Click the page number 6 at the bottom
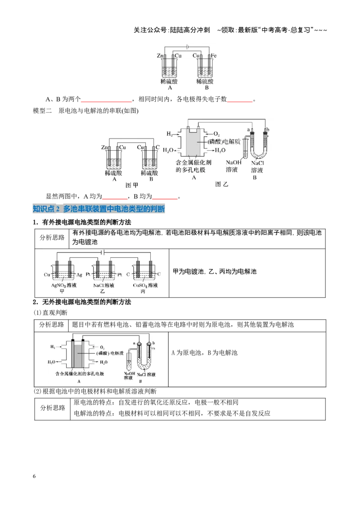[34, 476]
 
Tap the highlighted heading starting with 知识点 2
[99, 209]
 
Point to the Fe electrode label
[213, 55]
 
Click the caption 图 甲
[131, 185]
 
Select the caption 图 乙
[221, 184]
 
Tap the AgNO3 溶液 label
[64, 286]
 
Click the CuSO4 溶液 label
[145, 286]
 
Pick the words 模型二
[42, 111]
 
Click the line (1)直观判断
[50, 313]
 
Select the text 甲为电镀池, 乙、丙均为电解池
[215, 272]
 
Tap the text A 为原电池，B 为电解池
[204, 353]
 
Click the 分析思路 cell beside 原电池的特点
[53, 408]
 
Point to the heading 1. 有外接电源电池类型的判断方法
[82, 223]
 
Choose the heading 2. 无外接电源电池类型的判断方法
[82, 302]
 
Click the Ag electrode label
[79, 275]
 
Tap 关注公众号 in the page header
[150, 30]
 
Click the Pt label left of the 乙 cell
[88, 274]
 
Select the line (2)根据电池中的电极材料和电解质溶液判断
[95, 391]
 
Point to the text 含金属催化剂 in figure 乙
[193, 162]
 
